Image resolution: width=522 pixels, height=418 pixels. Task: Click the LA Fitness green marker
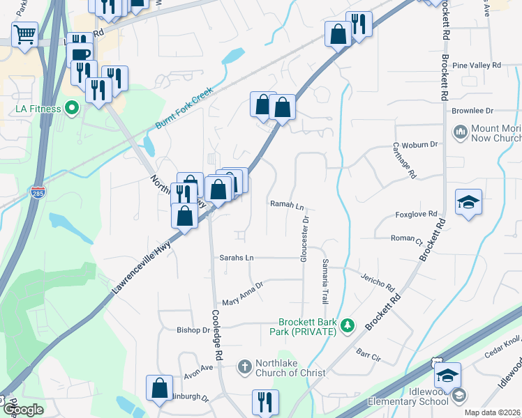point(70,108)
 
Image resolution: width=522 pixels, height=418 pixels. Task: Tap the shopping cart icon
point(24,33)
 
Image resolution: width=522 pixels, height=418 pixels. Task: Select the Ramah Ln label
point(288,205)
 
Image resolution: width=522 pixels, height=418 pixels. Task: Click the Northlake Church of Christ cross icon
point(244,366)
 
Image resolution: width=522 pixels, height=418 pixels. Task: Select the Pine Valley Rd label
point(477,65)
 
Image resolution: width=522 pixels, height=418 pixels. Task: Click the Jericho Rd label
point(378,281)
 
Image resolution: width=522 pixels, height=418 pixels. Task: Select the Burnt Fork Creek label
point(184,111)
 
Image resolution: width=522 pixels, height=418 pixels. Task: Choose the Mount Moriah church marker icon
point(460,132)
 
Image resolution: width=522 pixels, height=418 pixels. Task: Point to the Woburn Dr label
point(424,144)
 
